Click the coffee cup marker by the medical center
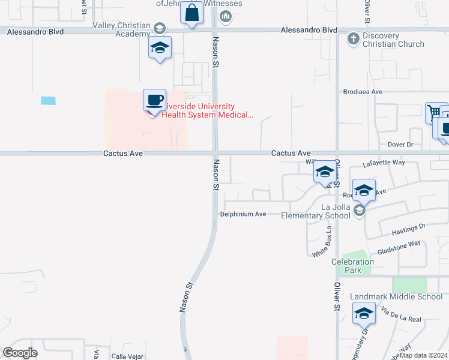click(x=154, y=100)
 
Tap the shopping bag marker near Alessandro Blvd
click(x=191, y=14)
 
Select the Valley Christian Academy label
click(x=121, y=29)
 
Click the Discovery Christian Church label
click(x=393, y=40)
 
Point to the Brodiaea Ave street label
click(x=363, y=92)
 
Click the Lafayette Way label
click(x=384, y=163)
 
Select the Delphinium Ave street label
click(x=243, y=214)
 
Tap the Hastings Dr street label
click(x=408, y=227)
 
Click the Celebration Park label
click(x=352, y=266)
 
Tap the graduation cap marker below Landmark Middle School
click(x=364, y=313)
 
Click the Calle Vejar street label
click(x=127, y=356)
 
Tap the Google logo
click(x=20, y=353)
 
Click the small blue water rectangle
click(x=48, y=101)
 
